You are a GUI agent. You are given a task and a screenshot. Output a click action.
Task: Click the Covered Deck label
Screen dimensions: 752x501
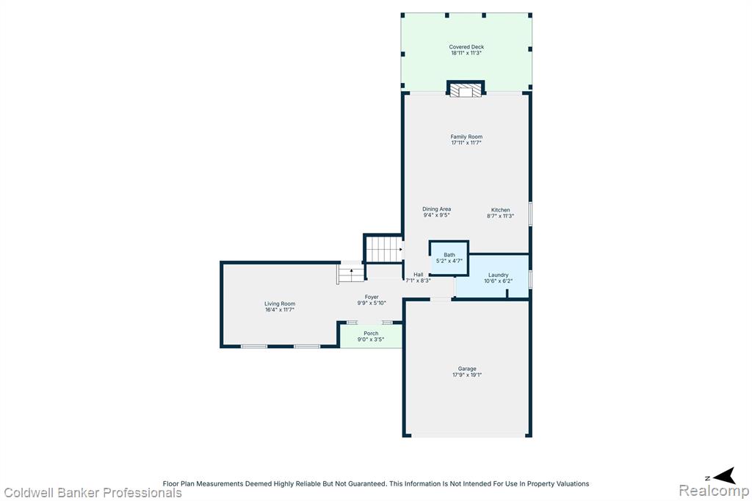tap(466, 47)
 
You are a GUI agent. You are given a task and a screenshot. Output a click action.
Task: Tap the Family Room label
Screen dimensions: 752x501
tap(466, 137)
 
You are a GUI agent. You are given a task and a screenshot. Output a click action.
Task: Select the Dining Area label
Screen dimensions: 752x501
tap(436, 209)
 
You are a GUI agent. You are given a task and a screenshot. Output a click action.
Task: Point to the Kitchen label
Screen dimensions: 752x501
tap(500, 210)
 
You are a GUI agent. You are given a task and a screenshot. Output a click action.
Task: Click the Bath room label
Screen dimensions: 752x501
tap(449, 256)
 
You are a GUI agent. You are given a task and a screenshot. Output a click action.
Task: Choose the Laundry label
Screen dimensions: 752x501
tap(499, 275)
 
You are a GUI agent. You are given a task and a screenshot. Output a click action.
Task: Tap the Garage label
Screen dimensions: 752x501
tap(467, 369)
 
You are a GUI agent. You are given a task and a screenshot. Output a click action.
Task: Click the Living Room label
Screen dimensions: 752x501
tap(280, 304)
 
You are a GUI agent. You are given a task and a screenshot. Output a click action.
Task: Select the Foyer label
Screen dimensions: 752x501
tap(372, 297)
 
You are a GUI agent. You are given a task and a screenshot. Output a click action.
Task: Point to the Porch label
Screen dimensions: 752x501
tap(371, 334)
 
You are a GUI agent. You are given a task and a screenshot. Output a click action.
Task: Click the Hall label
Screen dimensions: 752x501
tap(418, 275)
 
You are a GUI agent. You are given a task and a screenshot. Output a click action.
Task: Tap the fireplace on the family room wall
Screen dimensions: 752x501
tap(466, 90)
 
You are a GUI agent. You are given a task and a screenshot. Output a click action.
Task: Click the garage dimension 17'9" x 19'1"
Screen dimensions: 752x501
tap(467, 375)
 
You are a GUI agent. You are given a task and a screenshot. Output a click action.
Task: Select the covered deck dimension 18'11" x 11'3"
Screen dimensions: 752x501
tap(466, 54)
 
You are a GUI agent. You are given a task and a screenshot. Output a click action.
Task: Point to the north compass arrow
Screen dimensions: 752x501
tap(725, 475)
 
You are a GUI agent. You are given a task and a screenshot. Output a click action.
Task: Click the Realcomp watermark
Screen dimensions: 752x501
tap(714, 491)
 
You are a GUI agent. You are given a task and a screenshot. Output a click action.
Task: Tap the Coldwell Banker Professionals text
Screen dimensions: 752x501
tap(93, 493)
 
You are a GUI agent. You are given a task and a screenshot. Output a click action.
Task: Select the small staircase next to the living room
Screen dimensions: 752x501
tap(352, 275)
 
